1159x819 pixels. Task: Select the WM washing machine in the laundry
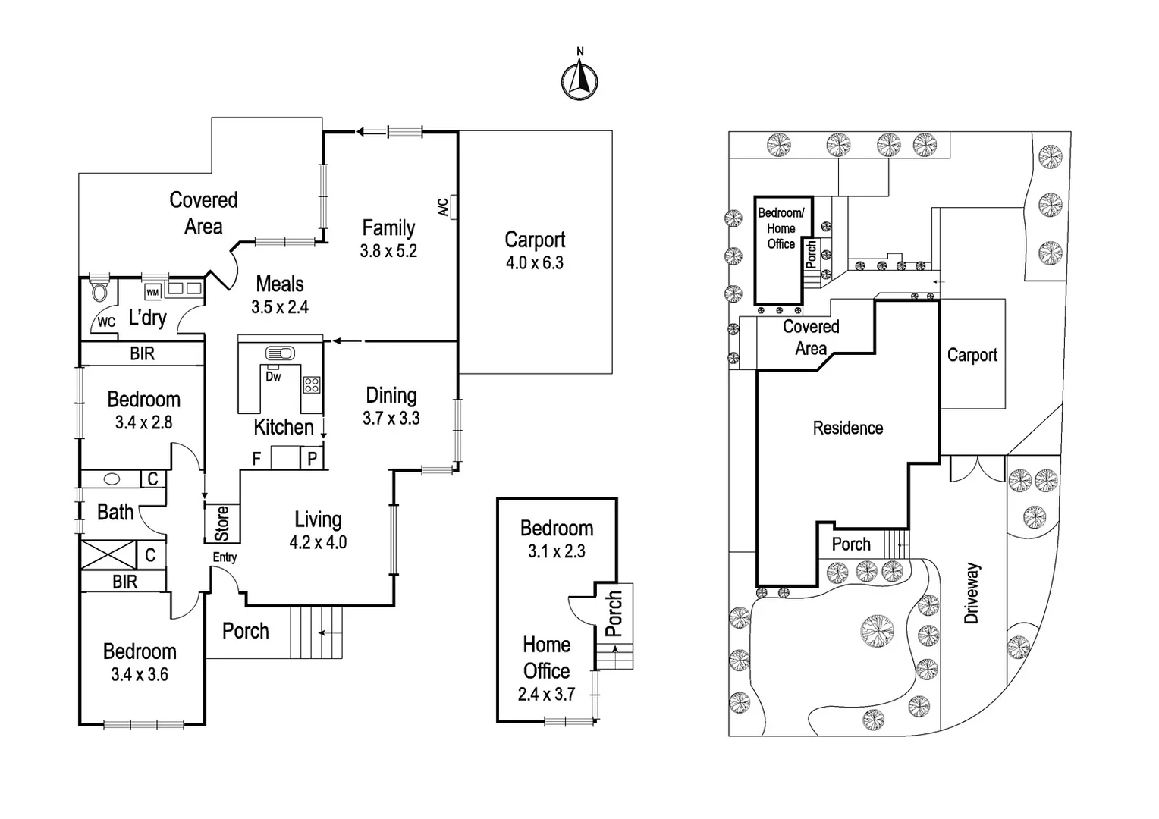point(152,292)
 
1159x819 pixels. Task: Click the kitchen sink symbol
point(279,353)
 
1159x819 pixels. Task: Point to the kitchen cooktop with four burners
point(312,384)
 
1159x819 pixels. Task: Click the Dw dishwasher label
point(273,376)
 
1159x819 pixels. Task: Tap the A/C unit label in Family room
point(443,207)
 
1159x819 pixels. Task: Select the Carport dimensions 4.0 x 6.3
point(535,263)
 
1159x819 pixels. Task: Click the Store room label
point(221,523)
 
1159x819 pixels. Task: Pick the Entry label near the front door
point(225,557)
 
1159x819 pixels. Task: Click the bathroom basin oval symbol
point(112,479)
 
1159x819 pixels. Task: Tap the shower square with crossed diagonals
point(108,555)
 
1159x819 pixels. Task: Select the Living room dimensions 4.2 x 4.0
point(318,543)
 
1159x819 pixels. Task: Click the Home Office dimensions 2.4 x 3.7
point(546,694)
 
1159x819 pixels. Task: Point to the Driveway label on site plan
point(972,593)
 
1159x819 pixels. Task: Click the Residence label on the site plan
point(847,428)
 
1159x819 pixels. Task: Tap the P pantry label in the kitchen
point(312,459)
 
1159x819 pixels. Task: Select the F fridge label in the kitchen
point(256,459)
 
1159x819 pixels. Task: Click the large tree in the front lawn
point(878,629)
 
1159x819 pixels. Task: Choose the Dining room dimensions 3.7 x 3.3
point(391,419)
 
